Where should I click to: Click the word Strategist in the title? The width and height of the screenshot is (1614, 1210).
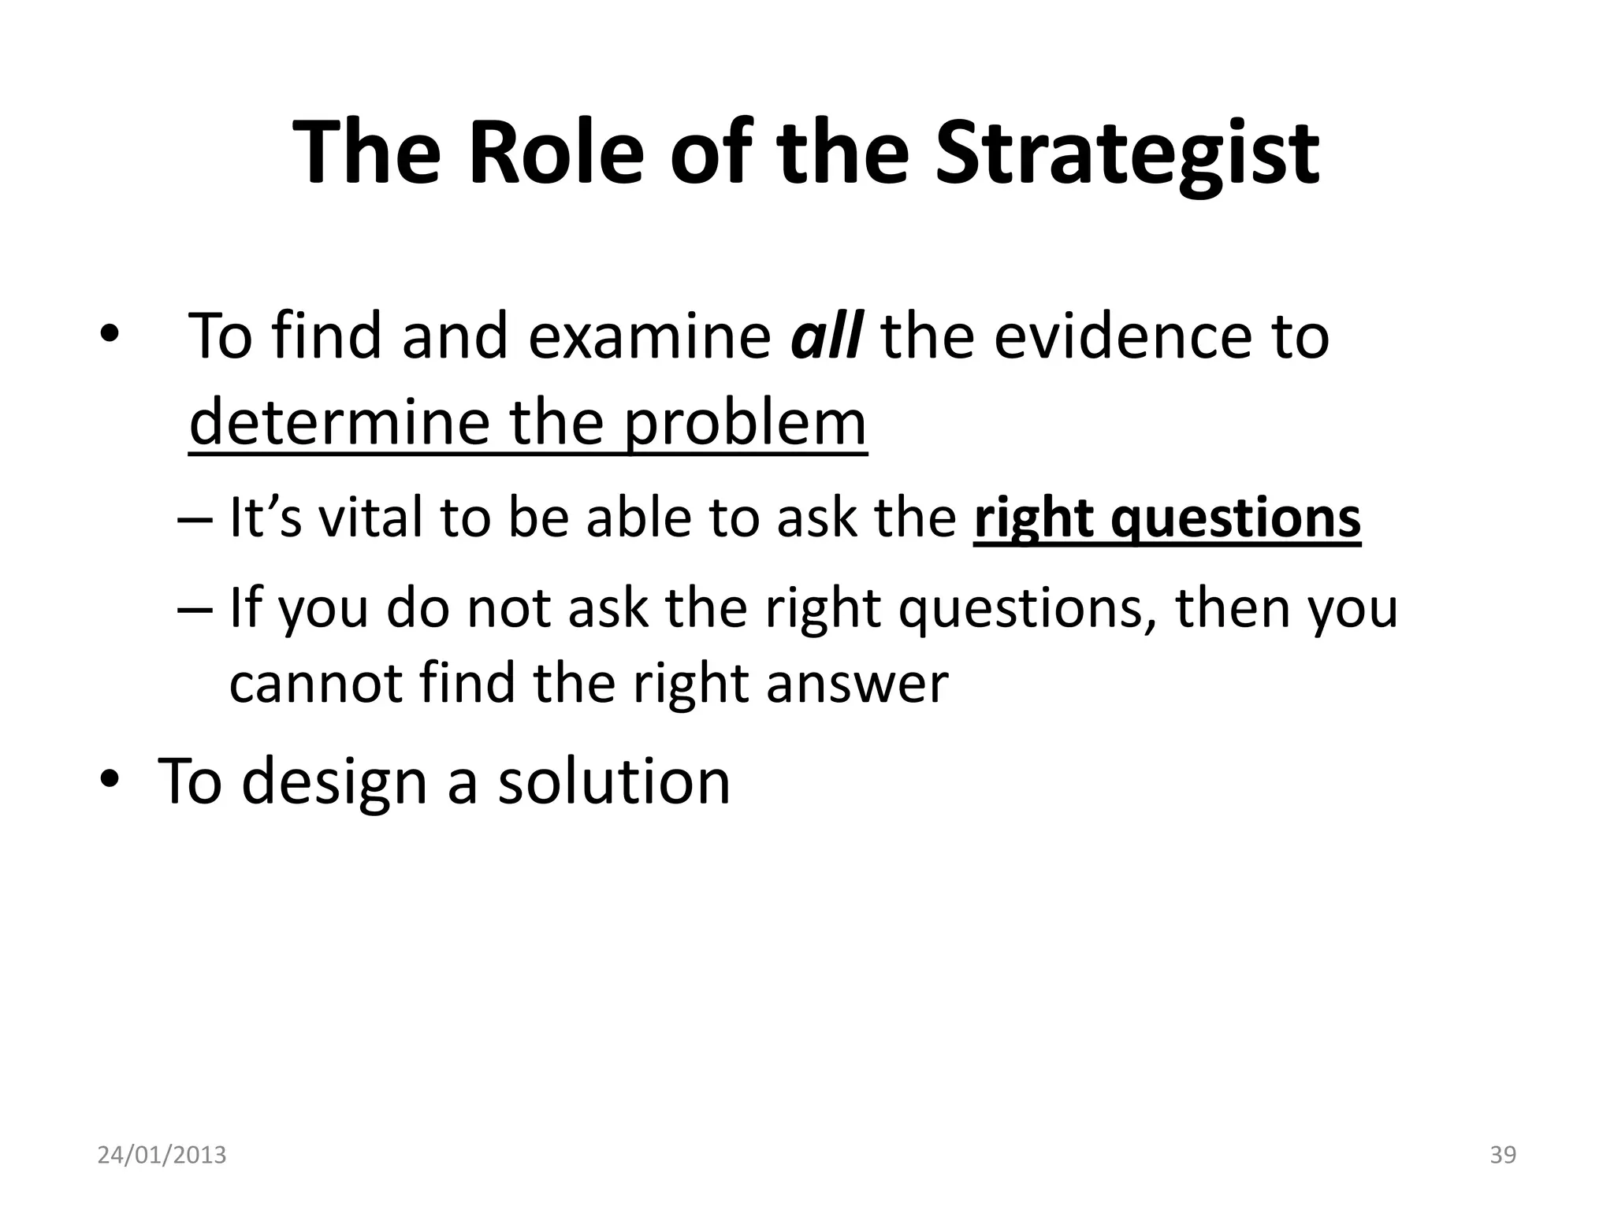(x=1126, y=153)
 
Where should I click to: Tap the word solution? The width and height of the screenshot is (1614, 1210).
(x=614, y=781)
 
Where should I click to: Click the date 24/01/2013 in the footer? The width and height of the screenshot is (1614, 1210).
(x=162, y=1155)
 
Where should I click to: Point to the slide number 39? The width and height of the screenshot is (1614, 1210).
(x=1503, y=1155)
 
